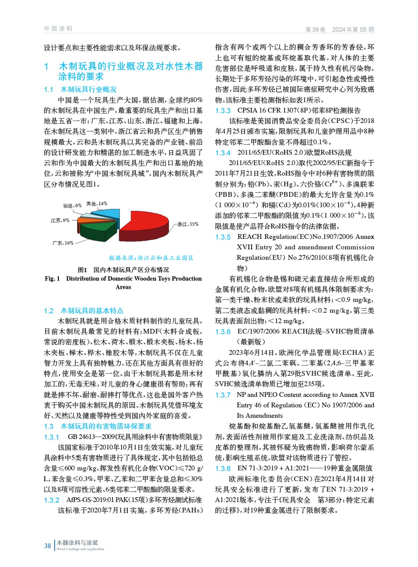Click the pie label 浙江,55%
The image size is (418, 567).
point(188,224)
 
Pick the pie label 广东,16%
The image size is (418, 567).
point(63,243)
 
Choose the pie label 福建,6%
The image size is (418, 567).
point(72,206)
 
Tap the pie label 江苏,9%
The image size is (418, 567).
point(60,220)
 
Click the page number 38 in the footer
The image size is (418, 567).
point(48,546)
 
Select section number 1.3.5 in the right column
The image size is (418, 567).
point(223,237)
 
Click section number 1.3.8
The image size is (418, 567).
point(223,468)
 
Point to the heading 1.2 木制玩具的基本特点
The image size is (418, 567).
point(83,311)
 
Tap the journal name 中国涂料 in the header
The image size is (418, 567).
point(58,29)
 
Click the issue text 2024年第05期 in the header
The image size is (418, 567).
point(353,30)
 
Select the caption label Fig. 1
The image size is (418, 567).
point(52,279)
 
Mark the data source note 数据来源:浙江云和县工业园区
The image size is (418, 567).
point(151,258)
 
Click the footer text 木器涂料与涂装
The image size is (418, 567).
point(77,543)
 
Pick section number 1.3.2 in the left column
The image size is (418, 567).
point(51,500)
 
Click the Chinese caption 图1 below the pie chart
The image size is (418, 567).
point(82,270)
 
